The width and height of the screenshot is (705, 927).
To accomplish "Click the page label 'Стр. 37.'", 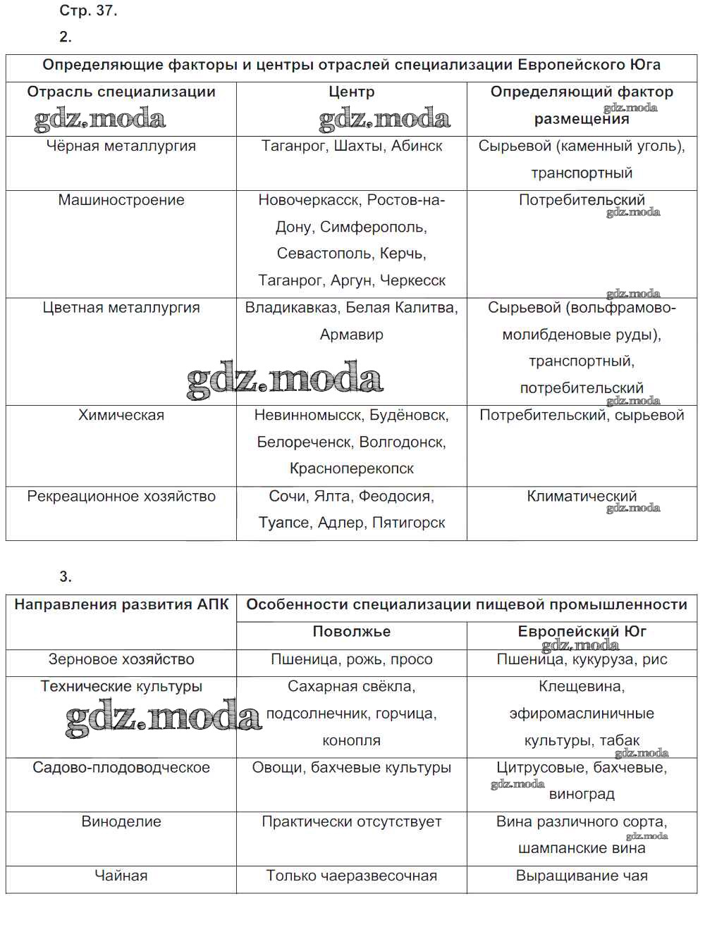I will pyautogui.click(x=87, y=11).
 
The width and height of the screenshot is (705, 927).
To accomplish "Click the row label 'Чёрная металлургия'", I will pyautogui.click(x=121, y=146).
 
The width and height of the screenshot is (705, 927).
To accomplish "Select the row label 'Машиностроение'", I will pyautogui.click(x=121, y=200).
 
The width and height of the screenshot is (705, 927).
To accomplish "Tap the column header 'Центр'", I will pyautogui.click(x=351, y=92).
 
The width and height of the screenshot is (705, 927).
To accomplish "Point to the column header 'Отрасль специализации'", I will pyautogui.click(x=121, y=92).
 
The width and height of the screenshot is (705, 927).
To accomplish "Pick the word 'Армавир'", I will pyautogui.click(x=351, y=335).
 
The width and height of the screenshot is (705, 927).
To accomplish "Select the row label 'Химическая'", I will pyautogui.click(x=121, y=416).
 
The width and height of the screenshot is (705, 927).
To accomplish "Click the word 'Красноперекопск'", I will pyautogui.click(x=351, y=468).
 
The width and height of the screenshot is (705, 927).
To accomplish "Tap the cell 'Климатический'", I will pyautogui.click(x=582, y=496).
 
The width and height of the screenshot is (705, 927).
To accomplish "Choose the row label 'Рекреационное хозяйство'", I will pyautogui.click(x=121, y=496).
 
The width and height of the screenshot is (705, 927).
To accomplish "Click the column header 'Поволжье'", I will pyautogui.click(x=351, y=632).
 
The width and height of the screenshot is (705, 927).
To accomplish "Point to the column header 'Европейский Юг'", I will pyautogui.click(x=582, y=632).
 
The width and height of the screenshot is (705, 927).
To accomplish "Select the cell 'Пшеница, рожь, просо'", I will pyautogui.click(x=351, y=659).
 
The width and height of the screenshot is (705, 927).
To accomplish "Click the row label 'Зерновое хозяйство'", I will pyautogui.click(x=121, y=659).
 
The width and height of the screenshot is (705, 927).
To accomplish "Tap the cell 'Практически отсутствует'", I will pyautogui.click(x=351, y=821).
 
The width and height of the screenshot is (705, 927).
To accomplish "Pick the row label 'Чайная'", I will pyautogui.click(x=121, y=876).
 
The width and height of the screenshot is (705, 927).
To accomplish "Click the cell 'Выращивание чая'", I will pyautogui.click(x=582, y=876).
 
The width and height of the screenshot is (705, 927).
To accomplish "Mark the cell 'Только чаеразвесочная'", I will pyautogui.click(x=351, y=876).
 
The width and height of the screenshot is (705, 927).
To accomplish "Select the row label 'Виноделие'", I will pyautogui.click(x=121, y=821).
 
